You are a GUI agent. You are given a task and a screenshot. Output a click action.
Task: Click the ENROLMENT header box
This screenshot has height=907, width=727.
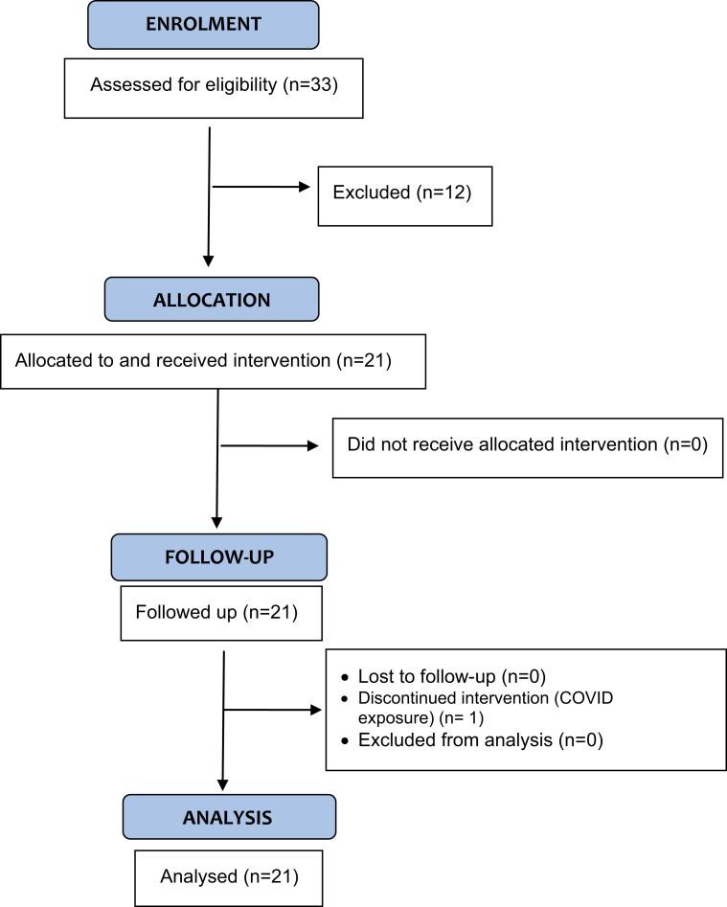click(202, 25)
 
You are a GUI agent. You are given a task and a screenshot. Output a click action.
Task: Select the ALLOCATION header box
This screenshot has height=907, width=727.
click(212, 299)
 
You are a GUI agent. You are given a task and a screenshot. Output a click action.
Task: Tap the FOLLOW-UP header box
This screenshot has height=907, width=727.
click(218, 557)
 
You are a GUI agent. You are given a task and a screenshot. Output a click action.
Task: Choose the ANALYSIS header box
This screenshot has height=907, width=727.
click(229, 817)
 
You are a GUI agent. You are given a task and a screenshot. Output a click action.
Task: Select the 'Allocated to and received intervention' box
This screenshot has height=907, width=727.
click(213, 361)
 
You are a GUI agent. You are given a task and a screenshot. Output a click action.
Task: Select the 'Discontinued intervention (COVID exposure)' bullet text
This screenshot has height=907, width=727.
click(485, 708)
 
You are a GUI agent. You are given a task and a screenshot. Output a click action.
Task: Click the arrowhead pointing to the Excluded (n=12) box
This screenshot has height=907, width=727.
click(308, 187)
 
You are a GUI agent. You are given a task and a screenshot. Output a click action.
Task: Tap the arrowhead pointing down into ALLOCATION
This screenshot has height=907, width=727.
click(208, 261)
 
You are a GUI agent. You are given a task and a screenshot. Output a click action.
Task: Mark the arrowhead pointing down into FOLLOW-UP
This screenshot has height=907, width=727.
click(216, 522)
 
